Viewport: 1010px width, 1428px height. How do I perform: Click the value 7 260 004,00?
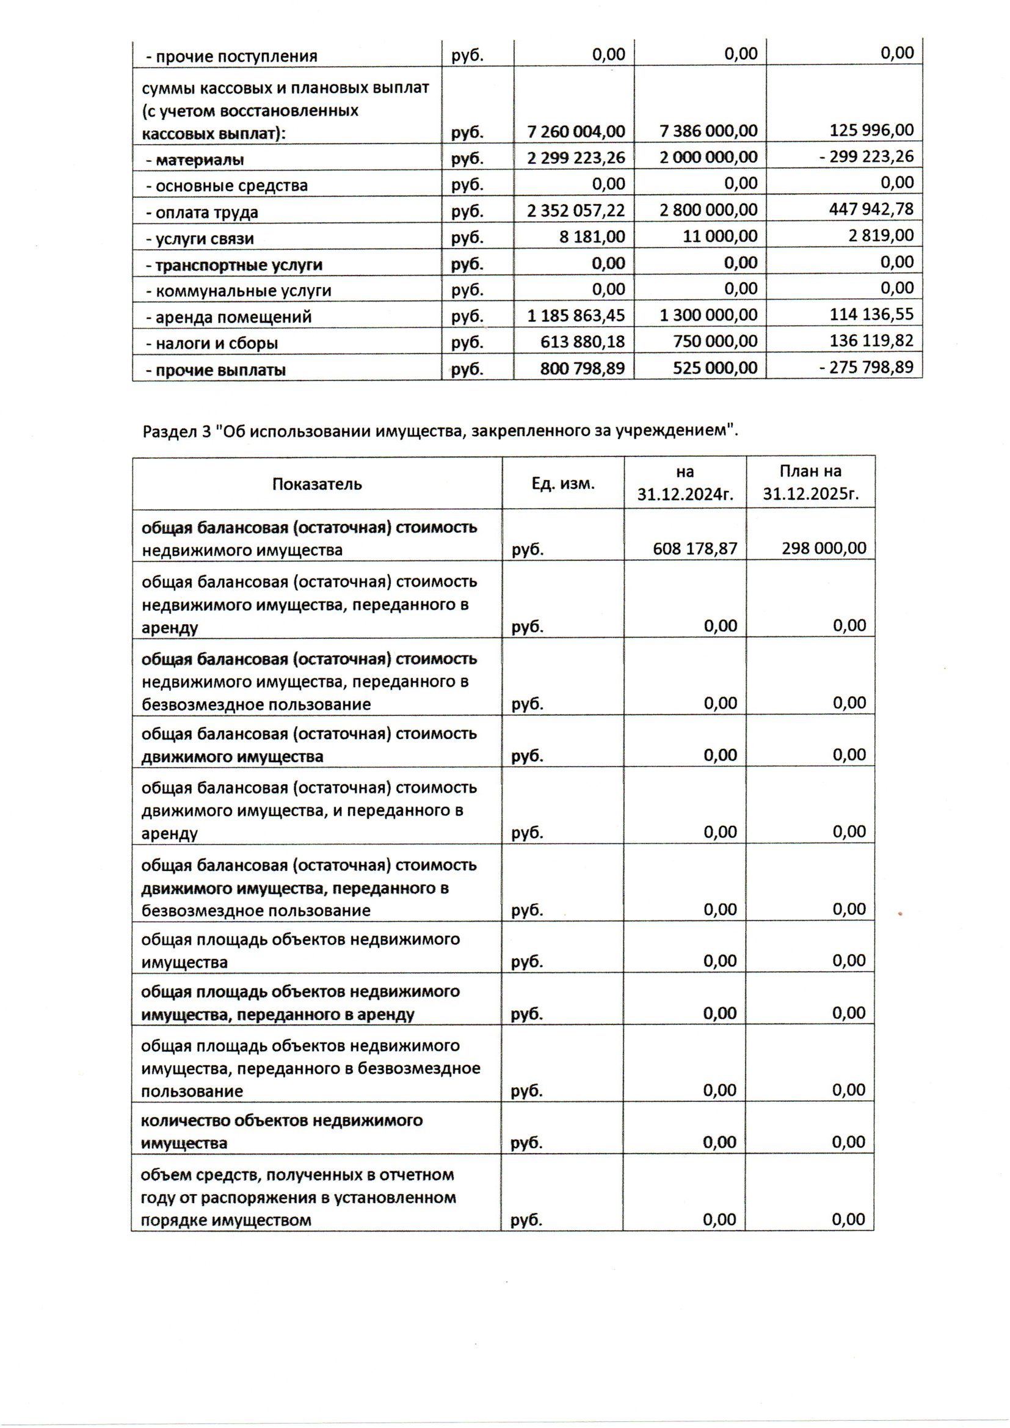pos(575,131)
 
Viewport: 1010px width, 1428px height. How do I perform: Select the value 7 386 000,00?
pos(708,131)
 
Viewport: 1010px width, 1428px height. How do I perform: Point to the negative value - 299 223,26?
pos(866,156)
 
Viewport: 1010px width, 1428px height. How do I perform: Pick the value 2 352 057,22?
pos(575,210)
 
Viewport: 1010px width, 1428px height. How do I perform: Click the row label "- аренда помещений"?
pos(228,317)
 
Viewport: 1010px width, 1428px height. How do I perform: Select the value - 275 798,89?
pos(866,367)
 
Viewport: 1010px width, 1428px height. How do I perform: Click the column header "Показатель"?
pos(316,484)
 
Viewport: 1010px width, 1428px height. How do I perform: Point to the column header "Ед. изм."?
pos(563,483)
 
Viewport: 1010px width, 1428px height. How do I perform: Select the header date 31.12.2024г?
pos(685,495)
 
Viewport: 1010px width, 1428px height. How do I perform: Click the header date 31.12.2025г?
pos(810,495)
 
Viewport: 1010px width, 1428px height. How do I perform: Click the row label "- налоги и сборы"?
pos(211,343)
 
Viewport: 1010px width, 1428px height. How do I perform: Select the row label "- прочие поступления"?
pos(231,57)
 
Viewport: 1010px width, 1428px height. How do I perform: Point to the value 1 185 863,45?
pos(575,315)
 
